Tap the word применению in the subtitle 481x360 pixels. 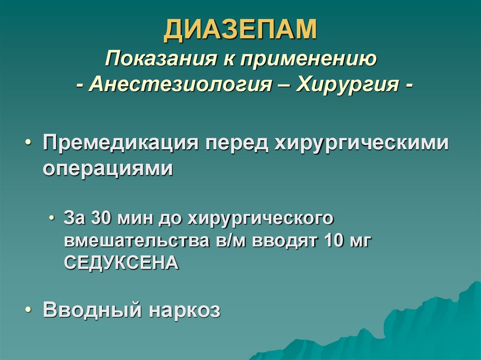click(310, 60)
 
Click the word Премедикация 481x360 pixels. click(120, 142)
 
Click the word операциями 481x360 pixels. click(108, 168)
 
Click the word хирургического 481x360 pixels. click(261, 219)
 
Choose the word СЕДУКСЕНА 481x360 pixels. click(121, 262)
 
